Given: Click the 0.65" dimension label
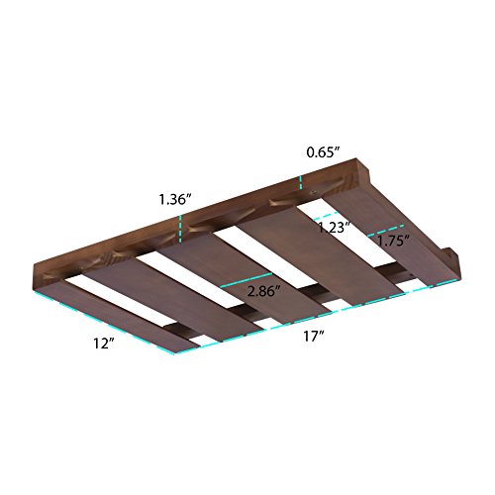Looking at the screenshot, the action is pyautogui.click(x=323, y=152).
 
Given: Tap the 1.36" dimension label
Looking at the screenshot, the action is pyautogui.click(x=175, y=199).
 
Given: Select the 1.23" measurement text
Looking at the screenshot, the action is pyautogui.click(x=334, y=228).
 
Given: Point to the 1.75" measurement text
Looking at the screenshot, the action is pyautogui.click(x=393, y=241).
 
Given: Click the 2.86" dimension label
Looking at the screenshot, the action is pyautogui.click(x=264, y=291).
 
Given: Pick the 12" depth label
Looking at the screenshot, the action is pyautogui.click(x=104, y=344).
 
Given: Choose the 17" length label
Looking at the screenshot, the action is pyautogui.click(x=313, y=337).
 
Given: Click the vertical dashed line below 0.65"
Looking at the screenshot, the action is pyautogui.click(x=301, y=183).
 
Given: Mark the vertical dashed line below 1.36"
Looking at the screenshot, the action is pyautogui.click(x=180, y=229).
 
